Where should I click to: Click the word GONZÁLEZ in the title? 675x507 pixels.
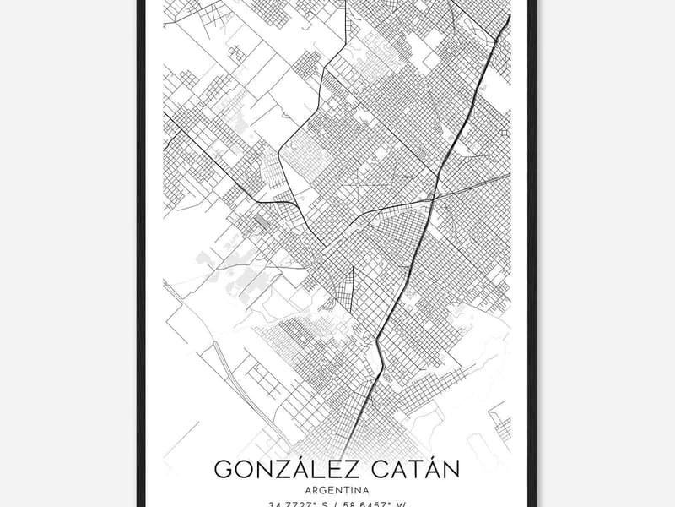click(x=278, y=469)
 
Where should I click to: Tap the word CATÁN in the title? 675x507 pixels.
click(x=412, y=469)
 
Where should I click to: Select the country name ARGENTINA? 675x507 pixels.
click(x=337, y=489)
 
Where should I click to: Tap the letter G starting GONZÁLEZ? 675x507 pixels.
click(x=223, y=469)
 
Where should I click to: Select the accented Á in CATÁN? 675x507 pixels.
click(x=429, y=469)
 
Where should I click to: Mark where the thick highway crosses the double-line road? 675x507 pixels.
click(x=434, y=197)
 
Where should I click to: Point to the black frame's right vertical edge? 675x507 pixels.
click(x=532, y=253)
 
